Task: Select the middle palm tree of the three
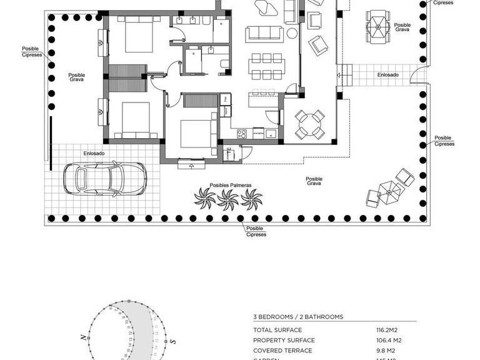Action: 228,199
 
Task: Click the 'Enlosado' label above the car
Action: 94,153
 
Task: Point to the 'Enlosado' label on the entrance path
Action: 388,75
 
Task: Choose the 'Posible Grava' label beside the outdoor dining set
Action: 402,27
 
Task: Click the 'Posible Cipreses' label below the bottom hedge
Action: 256,231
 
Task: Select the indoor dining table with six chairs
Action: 267,66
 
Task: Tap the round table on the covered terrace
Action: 310,124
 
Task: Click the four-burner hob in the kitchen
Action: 241,132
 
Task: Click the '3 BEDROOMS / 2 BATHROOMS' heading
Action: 298,317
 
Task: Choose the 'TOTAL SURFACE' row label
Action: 277,330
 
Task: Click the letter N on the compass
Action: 82,337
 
